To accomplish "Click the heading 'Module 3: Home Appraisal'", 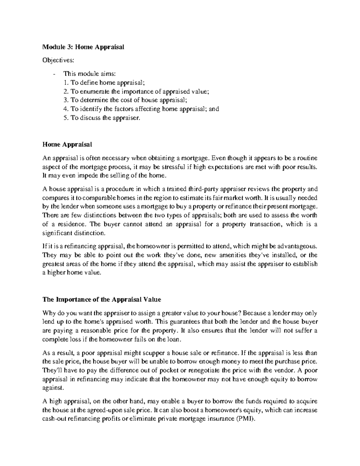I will (x=83, y=47).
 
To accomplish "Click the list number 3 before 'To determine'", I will (x=66, y=100).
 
